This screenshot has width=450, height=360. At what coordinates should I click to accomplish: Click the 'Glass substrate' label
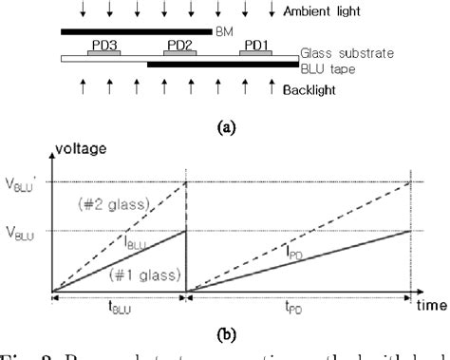pyautogui.click(x=348, y=55)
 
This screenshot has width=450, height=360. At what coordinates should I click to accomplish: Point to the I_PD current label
pyautogui.click(x=291, y=253)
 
